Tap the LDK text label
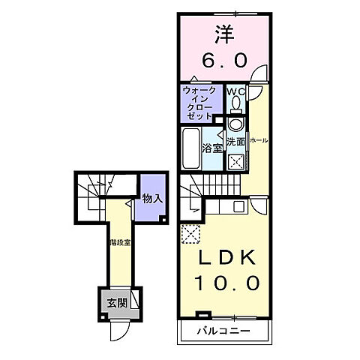point(222,258)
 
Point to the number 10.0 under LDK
point(222,283)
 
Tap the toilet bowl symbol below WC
point(235,124)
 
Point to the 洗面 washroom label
point(235,141)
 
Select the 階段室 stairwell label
point(117,242)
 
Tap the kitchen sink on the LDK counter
point(238,205)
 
